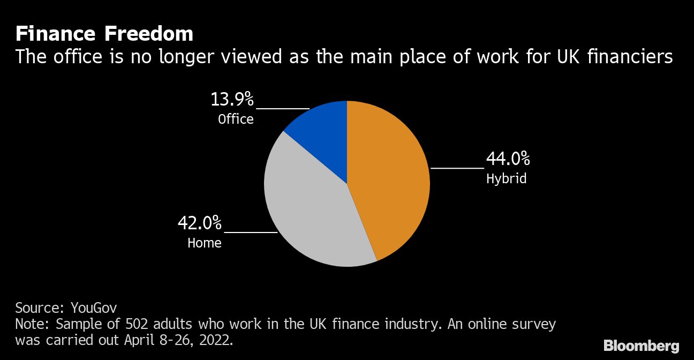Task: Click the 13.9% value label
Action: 232,100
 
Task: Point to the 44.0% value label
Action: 508,159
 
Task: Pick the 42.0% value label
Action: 200,223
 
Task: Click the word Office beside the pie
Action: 236,119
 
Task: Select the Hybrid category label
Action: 506,178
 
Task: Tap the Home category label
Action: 204,243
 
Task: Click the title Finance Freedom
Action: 104,34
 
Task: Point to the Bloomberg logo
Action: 641,346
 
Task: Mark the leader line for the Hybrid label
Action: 457,168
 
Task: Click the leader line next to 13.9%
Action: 282,108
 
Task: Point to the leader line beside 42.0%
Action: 250,232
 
